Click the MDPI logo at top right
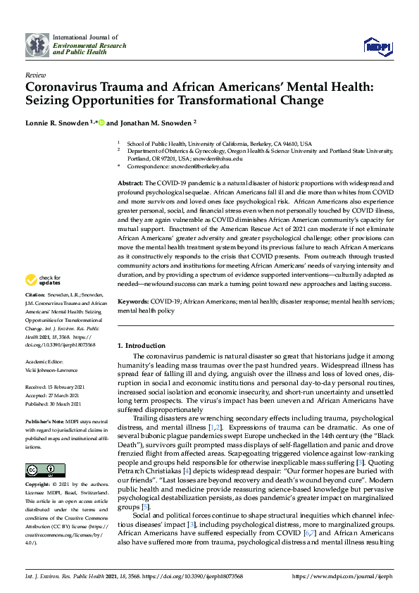tap(378, 46)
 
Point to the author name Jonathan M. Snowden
tap(152, 123)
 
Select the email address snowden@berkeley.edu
tap(204, 166)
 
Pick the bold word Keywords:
tap(133, 301)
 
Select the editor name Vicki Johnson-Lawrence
tap(52, 370)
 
